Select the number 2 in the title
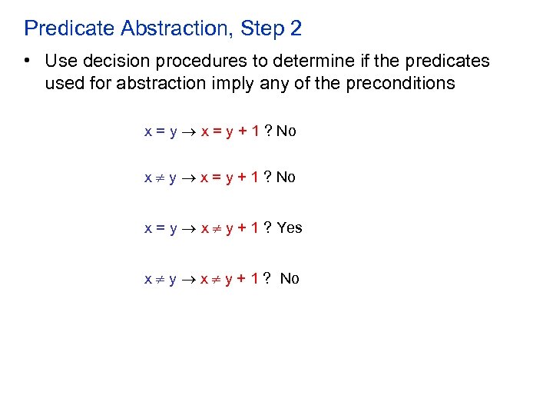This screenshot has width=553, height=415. (296, 29)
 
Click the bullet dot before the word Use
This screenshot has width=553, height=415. (28, 61)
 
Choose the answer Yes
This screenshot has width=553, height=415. (290, 227)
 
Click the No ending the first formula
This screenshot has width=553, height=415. (286, 131)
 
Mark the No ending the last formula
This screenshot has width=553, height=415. (290, 278)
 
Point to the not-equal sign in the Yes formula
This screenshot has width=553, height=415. (214, 228)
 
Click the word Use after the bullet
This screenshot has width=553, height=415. (60, 61)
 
